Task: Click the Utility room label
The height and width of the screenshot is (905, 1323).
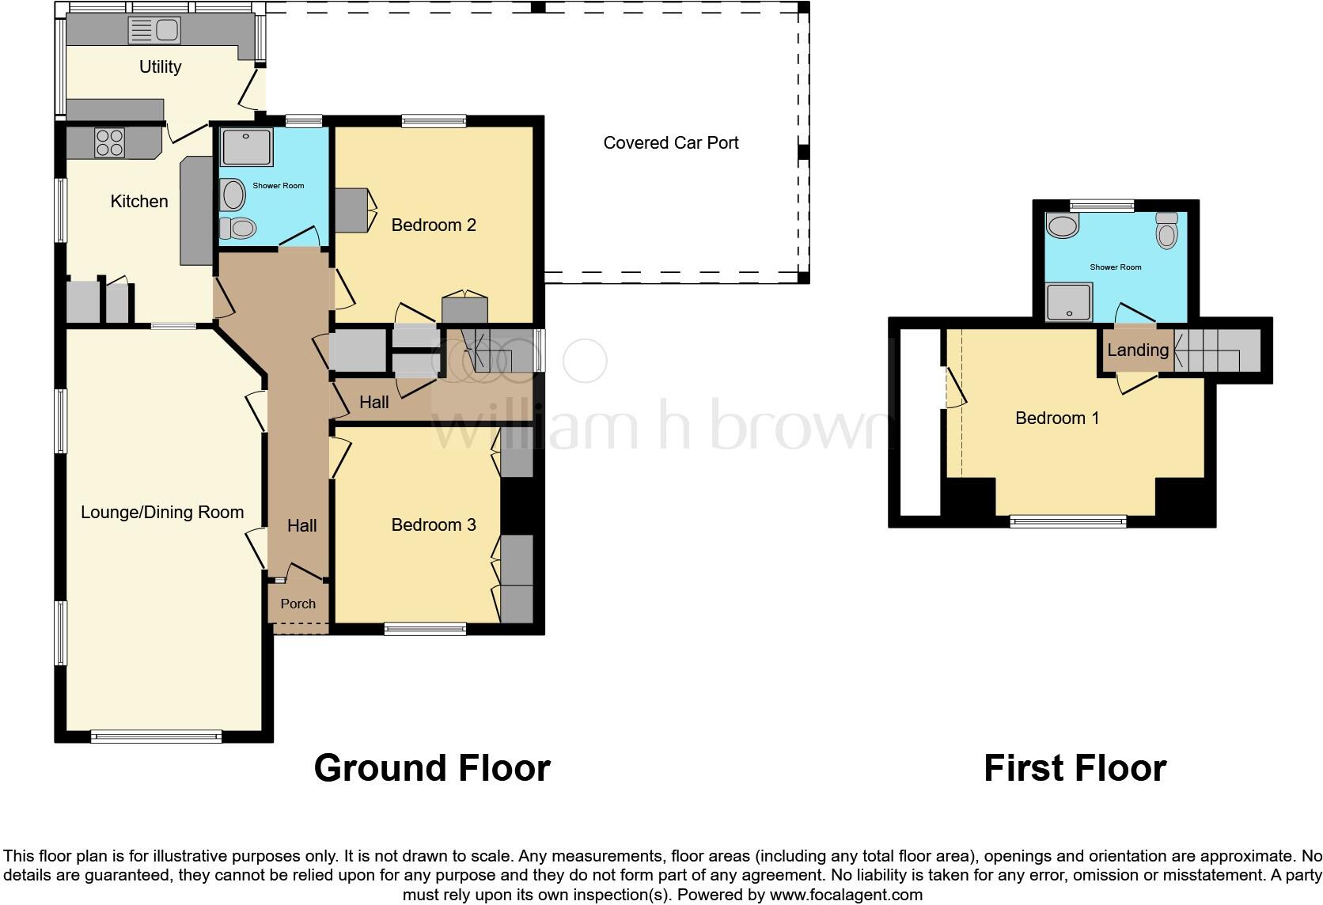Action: tap(160, 67)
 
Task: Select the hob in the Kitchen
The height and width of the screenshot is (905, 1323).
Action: tap(109, 142)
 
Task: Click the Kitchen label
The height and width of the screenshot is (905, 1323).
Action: tap(139, 202)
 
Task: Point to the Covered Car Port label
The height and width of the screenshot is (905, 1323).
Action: tap(670, 143)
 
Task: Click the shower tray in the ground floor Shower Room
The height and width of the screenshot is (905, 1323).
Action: tap(246, 147)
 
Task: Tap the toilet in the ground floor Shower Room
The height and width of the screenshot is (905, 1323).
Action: tap(238, 229)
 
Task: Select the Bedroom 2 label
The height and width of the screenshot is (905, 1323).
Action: tap(434, 225)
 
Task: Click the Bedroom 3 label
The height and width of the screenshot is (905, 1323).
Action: tap(434, 525)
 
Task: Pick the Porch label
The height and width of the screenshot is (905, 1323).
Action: tap(298, 604)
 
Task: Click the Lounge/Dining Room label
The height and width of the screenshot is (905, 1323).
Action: tap(162, 513)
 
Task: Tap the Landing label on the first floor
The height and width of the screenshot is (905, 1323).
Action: tap(1137, 350)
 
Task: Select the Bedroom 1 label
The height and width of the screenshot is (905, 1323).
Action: tap(1057, 418)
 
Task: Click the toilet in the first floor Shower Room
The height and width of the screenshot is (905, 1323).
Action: tap(1167, 230)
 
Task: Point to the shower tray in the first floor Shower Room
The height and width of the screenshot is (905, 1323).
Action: tap(1069, 302)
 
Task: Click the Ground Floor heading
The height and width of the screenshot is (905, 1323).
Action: tap(432, 768)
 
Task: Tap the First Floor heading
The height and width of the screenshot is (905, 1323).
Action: tap(1075, 768)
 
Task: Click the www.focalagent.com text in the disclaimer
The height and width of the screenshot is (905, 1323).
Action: tap(845, 896)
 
